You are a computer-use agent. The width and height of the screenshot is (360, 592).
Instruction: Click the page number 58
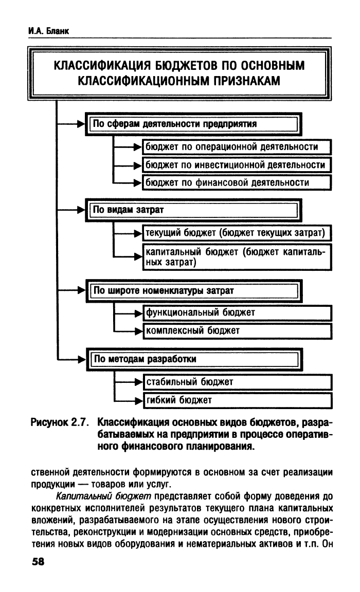[38, 562]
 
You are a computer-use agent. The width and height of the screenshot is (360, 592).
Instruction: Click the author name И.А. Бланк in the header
[48, 31]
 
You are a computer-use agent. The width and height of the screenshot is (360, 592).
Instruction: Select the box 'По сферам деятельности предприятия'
[193, 124]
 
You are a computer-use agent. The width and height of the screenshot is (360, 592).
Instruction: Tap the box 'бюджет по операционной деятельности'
[237, 147]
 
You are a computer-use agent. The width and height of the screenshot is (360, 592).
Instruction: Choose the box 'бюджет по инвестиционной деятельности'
[237, 165]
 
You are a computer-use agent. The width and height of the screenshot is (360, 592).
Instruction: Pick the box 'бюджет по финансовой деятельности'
[237, 183]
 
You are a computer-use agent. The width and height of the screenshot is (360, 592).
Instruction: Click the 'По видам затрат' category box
[193, 210]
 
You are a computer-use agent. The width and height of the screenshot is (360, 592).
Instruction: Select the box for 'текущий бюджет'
[237, 233]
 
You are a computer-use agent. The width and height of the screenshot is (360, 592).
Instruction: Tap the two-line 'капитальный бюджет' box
[237, 257]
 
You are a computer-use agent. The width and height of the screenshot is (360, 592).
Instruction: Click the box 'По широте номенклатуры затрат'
[194, 291]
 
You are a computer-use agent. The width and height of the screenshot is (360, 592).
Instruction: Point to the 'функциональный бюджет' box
[237, 313]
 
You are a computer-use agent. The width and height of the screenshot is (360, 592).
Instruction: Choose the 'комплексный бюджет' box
[237, 331]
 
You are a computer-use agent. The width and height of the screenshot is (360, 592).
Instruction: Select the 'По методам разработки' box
[194, 359]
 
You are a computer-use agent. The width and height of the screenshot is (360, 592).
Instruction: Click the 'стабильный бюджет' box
[238, 382]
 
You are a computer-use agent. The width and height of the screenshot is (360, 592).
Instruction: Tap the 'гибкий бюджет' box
[238, 400]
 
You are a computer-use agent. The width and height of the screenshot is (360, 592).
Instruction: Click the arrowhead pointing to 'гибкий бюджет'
[139, 400]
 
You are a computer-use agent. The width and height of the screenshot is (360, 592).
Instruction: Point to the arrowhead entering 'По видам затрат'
[81, 210]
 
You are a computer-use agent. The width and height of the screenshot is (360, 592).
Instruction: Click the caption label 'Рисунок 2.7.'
[60, 422]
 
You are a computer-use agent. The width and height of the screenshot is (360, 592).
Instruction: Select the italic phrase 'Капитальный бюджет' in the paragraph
[103, 496]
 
